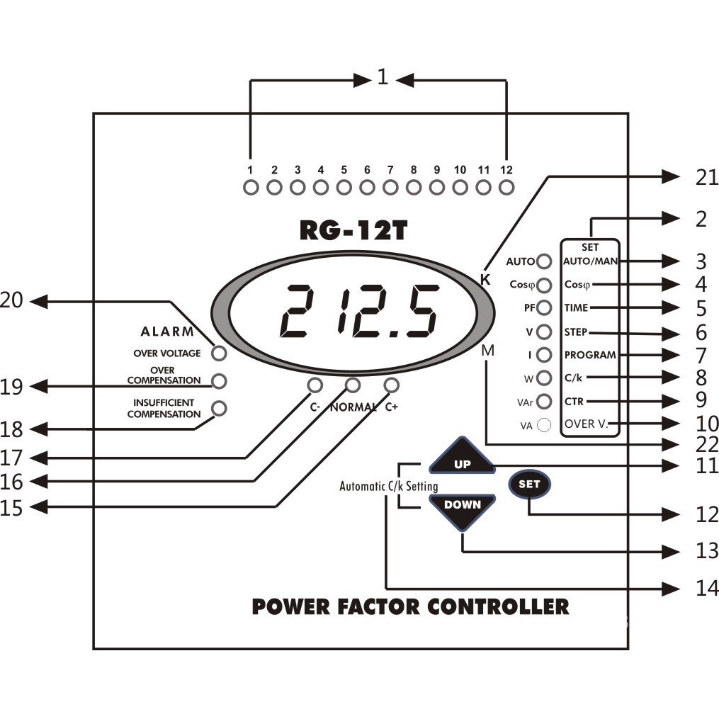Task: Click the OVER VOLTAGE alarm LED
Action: (219, 353)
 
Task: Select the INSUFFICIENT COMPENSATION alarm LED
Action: (220, 408)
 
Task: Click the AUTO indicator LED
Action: (544, 261)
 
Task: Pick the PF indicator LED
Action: (544, 307)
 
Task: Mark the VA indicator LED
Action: (544, 425)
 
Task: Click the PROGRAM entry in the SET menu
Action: (590, 354)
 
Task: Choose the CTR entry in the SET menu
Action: (574, 402)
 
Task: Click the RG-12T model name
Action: (352, 232)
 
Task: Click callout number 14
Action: (706, 588)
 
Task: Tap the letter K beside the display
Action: (485, 279)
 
